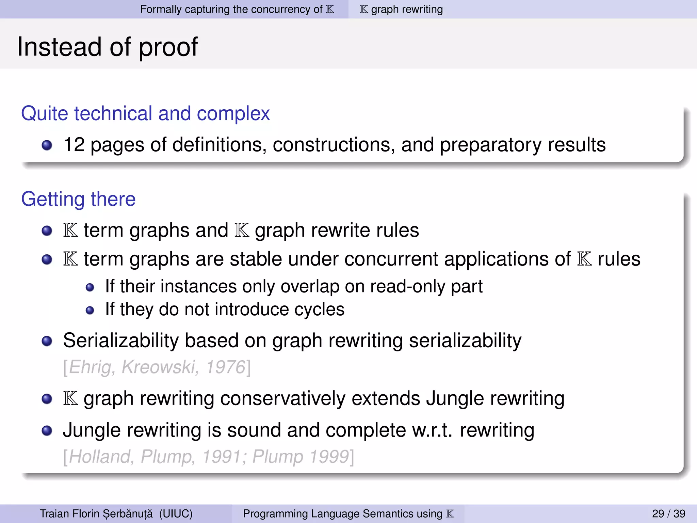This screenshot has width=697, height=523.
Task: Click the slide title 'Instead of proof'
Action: pyautogui.click(x=107, y=47)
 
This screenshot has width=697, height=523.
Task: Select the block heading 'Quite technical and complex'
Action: pyautogui.click(x=145, y=113)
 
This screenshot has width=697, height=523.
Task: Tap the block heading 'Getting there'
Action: pyautogui.click(x=78, y=199)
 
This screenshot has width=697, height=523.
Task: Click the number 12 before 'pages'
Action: pyautogui.click(x=74, y=145)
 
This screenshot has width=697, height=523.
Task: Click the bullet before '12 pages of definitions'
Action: pyautogui.click(x=47, y=145)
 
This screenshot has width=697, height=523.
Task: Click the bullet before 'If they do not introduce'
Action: pyautogui.click(x=90, y=310)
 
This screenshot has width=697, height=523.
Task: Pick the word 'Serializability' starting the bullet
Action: pyautogui.click(x=121, y=340)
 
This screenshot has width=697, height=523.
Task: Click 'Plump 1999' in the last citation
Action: pyautogui.click(x=301, y=457)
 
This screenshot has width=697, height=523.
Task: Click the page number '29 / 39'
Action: pyautogui.click(x=668, y=513)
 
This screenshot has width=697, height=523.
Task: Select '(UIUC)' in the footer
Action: pyautogui.click(x=176, y=513)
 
